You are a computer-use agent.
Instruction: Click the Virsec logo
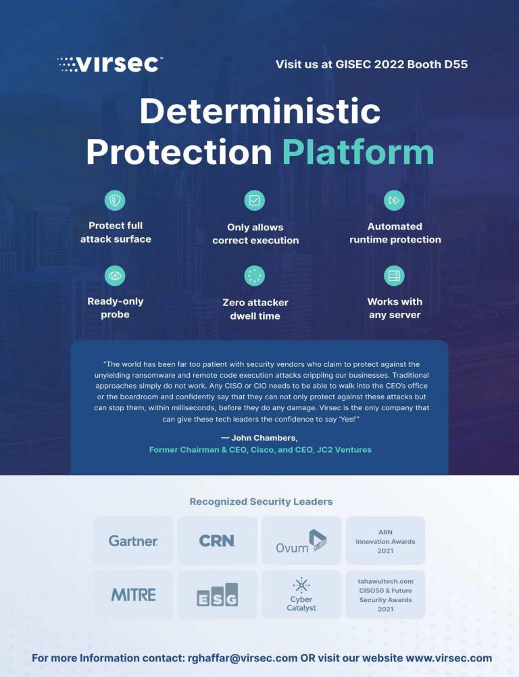coord(110,64)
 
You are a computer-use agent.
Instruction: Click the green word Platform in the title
coord(358,152)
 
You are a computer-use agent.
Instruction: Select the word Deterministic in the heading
coord(260,111)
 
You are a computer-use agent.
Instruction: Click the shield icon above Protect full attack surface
coord(115,201)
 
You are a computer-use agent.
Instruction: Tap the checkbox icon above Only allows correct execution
coord(255,201)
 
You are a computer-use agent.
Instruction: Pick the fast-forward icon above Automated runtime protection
coord(394,201)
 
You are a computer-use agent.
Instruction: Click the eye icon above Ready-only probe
coord(115,276)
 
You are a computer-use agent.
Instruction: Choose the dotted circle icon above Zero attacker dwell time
coord(255,276)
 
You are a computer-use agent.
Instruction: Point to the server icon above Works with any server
coord(394,276)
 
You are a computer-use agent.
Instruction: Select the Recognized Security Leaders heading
coord(262,502)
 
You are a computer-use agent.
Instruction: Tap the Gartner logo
coord(133,541)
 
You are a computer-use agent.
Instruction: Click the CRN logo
coord(217,541)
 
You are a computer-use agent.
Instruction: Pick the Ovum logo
coord(301,541)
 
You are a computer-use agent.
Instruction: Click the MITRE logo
coord(133,595)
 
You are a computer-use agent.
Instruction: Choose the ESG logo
coord(217,595)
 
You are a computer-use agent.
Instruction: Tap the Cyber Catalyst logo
coord(301,595)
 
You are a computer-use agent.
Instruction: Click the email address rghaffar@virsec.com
coord(243,659)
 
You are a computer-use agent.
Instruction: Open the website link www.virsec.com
coord(449,659)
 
